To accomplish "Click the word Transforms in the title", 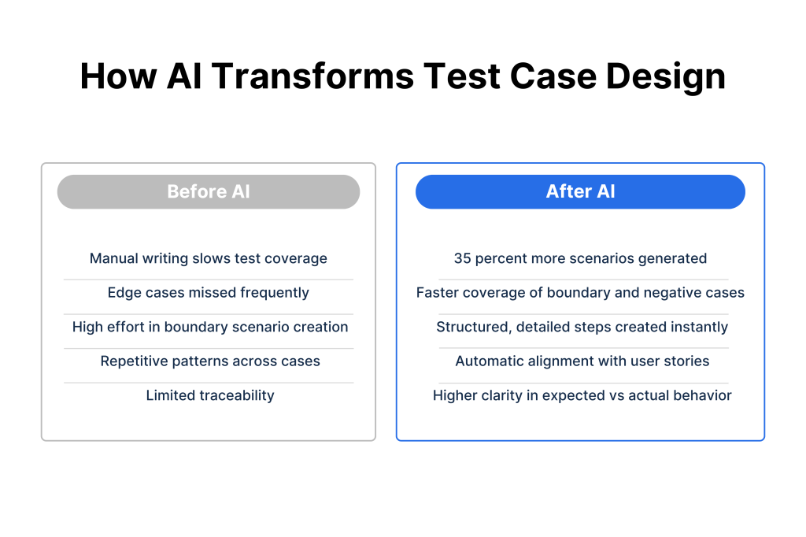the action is click(312, 76).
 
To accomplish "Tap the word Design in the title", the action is click(666, 77).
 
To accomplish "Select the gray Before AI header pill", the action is click(208, 191).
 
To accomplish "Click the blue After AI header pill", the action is click(580, 191).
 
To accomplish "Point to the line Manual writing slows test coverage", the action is click(208, 258).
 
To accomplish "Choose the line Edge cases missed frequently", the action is click(208, 293).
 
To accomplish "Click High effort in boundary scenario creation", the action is click(210, 327).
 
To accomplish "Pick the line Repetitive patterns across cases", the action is click(210, 361).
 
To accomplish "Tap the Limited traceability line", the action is click(210, 395).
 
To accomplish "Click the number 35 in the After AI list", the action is click(462, 258).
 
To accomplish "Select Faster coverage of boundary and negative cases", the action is click(580, 293).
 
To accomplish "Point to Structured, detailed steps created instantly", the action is click(582, 327).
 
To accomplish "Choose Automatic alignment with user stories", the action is click(582, 361).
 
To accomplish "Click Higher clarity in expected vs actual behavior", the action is click(582, 395).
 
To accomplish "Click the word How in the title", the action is click(118, 76).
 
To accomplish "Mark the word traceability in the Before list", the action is click(237, 395).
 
